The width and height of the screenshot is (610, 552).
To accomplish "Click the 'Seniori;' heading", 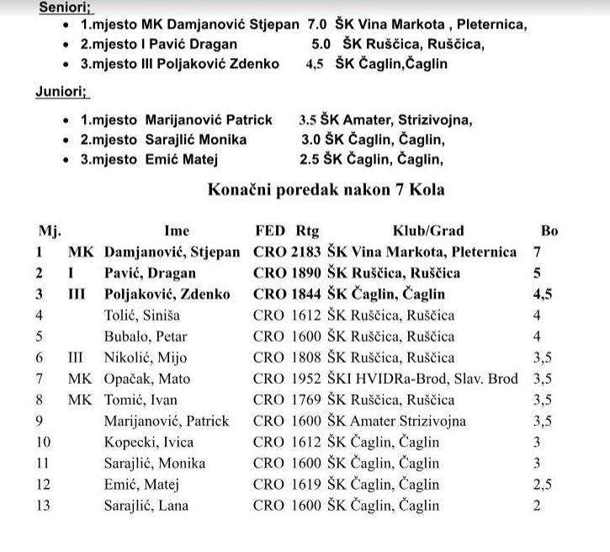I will tap(66, 6).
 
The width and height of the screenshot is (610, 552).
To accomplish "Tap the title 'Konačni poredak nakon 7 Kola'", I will tap(326, 190).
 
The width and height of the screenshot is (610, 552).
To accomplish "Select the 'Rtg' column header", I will tap(308, 231).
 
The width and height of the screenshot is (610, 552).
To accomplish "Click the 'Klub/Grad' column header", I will tap(428, 231).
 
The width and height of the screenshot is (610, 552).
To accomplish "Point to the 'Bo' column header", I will tap(549, 231).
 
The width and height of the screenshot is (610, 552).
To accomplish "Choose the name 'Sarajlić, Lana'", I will tap(146, 506).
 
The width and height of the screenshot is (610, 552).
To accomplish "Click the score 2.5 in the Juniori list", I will tap(310, 158).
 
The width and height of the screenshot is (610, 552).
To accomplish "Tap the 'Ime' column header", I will tap(177, 231).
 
